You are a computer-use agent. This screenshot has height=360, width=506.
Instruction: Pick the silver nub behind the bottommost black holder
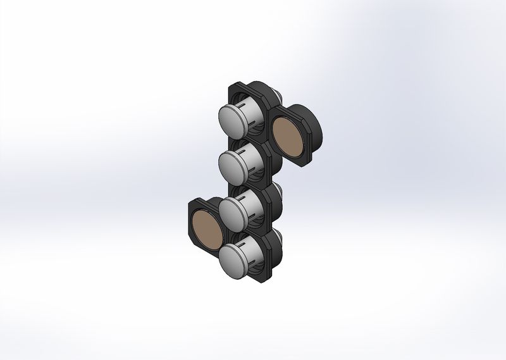pyautogui.click(x=279, y=235)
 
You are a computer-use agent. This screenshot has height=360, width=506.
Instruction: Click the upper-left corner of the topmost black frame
pyautogui.click(x=232, y=86)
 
